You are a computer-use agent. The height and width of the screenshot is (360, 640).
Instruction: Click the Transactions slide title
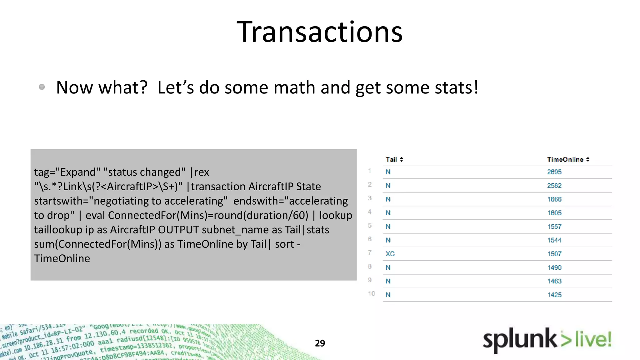tap(319, 32)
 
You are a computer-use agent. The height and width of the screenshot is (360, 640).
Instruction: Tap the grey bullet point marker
tap(42, 87)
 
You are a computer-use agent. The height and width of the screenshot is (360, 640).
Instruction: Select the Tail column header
tap(391, 159)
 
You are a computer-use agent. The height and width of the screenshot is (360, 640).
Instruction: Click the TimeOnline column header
tap(565, 159)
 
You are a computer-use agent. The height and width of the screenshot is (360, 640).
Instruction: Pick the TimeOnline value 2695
tap(554, 172)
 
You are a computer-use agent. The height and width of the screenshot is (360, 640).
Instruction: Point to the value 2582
tap(554, 186)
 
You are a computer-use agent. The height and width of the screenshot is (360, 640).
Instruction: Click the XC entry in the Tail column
tap(390, 254)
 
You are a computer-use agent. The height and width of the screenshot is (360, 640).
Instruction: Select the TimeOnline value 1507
tap(554, 254)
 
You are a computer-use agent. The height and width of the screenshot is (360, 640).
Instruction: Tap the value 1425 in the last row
tap(554, 295)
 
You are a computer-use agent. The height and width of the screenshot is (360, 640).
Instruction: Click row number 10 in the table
tap(371, 294)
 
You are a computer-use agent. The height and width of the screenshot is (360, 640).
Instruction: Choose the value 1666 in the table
tap(554, 199)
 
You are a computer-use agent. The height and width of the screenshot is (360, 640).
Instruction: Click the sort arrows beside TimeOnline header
tap(588, 159)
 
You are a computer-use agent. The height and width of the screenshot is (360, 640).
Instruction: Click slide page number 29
tap(320, 343)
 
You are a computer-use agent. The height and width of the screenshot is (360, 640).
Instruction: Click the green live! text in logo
tap(593, 339)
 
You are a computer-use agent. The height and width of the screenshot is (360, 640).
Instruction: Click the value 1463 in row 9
tap(554, 281)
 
